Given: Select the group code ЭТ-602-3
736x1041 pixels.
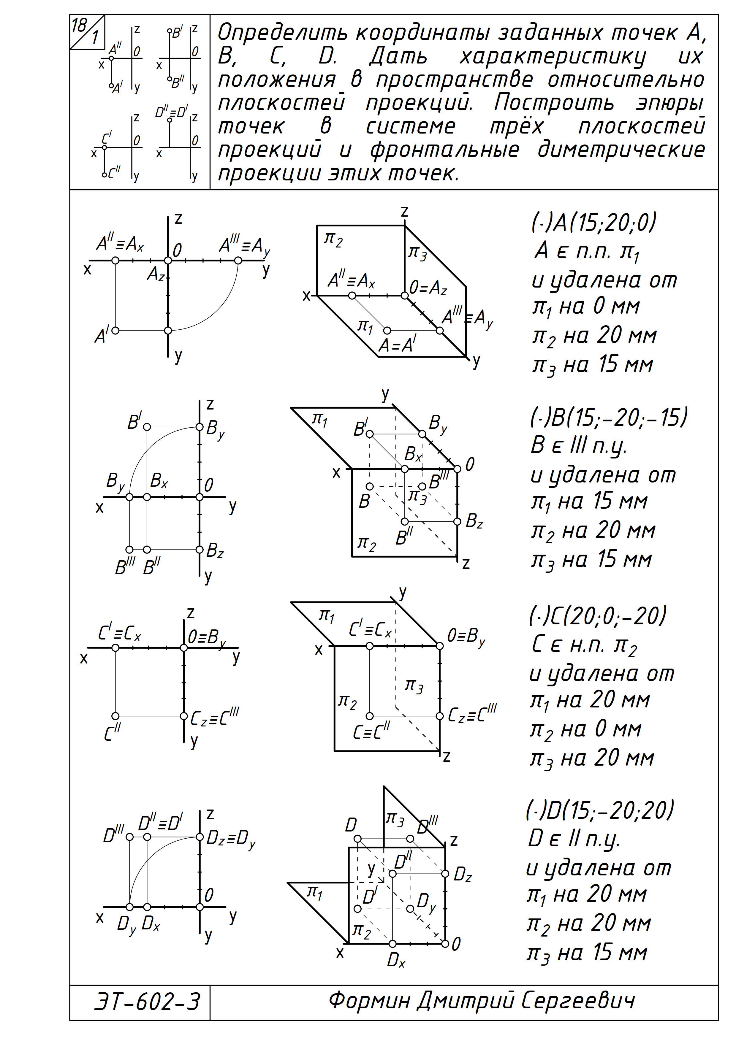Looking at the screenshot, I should tap(146, 1001).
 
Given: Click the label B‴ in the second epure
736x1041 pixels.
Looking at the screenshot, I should tap(125, 567).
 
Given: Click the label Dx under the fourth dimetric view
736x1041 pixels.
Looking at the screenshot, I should tap(396, 960).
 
